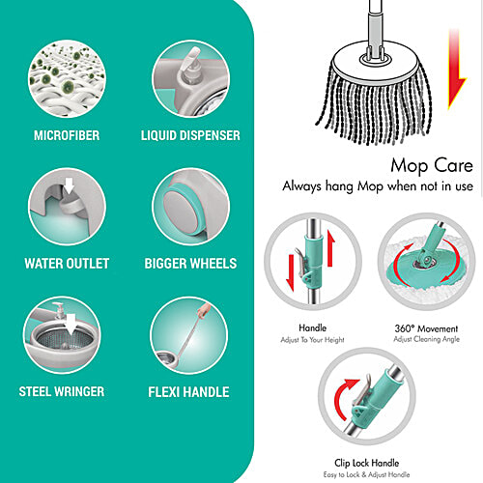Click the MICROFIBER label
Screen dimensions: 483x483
(67, 135)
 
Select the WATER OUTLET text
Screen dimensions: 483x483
(67, 263)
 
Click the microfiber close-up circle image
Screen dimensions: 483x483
(67, 75)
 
